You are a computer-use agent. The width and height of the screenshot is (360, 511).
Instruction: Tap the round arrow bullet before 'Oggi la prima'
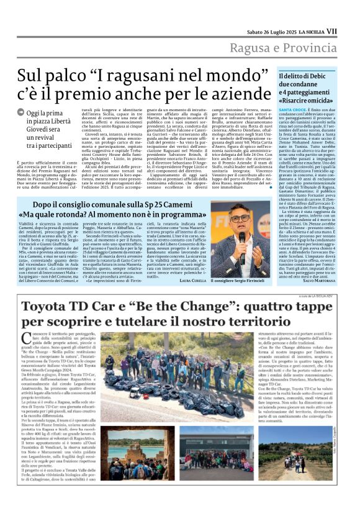click(20, 112)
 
